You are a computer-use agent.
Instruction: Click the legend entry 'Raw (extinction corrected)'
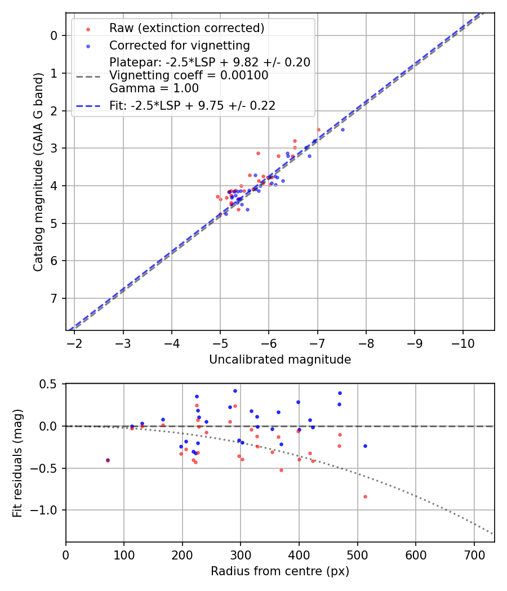186,28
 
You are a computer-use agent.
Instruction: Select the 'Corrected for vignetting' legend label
179,45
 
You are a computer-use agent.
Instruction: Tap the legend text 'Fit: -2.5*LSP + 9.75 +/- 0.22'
192,105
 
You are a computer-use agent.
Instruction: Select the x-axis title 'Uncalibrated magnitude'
280,360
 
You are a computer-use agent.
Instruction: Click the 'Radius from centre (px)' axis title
280,571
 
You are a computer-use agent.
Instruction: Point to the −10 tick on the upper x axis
463,342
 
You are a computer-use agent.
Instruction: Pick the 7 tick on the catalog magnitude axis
54,298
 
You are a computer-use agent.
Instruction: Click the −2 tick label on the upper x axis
74,342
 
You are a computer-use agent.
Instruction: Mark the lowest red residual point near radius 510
365,496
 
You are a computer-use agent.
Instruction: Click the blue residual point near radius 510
365,446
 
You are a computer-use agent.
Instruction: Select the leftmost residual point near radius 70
108,460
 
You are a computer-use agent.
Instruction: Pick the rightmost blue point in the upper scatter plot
343,129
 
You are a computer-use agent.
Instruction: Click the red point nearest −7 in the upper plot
318,129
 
